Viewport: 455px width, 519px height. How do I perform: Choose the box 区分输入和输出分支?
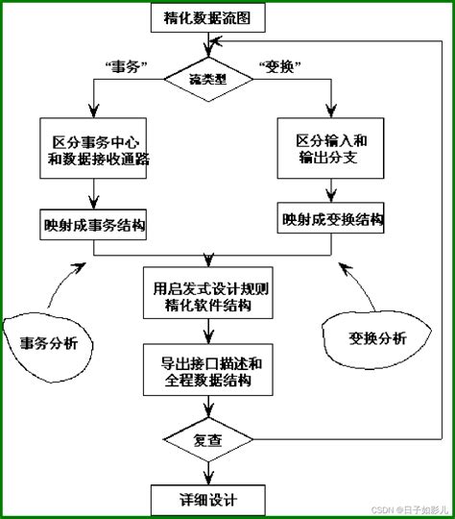(331, 147)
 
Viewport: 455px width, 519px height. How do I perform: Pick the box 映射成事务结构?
(93, 227)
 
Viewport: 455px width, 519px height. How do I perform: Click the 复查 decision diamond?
(209, 441)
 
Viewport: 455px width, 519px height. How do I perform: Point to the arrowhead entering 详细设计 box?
(208, 480)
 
